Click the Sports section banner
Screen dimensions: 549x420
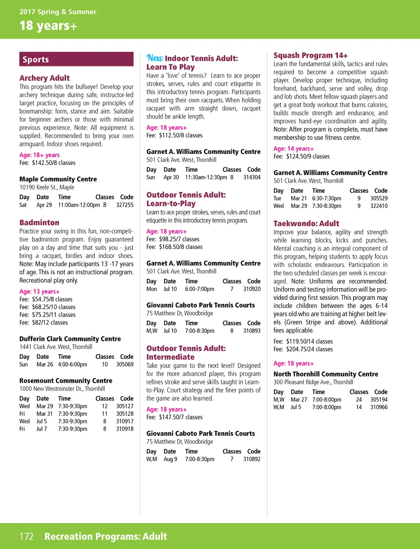(x=76, y=59)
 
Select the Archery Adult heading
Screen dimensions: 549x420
(x=44, y=78)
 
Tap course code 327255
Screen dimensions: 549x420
(x=125, y=205)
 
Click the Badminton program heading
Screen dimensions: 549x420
(x=39, y=223)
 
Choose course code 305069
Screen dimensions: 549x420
(x=125, y=364)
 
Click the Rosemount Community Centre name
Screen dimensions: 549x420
(x=66, y=381)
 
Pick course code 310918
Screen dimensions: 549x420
(x=125, y=429)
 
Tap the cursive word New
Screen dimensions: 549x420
(x=155, y=58)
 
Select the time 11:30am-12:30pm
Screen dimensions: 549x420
(x=206, y=178)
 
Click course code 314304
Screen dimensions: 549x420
(x=252, y=178)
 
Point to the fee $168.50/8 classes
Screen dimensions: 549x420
(x=174, y=247)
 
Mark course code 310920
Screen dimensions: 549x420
(x=252, y=289)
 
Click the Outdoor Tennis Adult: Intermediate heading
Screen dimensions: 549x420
(x=186, y=353)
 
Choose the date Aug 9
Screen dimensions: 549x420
(x=170, y=459)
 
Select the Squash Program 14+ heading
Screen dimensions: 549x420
(x=310, y=55)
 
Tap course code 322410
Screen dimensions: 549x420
(x=379, y=206)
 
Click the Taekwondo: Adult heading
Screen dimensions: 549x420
(x=306, y=223)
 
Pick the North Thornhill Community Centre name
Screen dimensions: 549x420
(x=326, y=374)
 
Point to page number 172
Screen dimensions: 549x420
(x=27, y=536)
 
